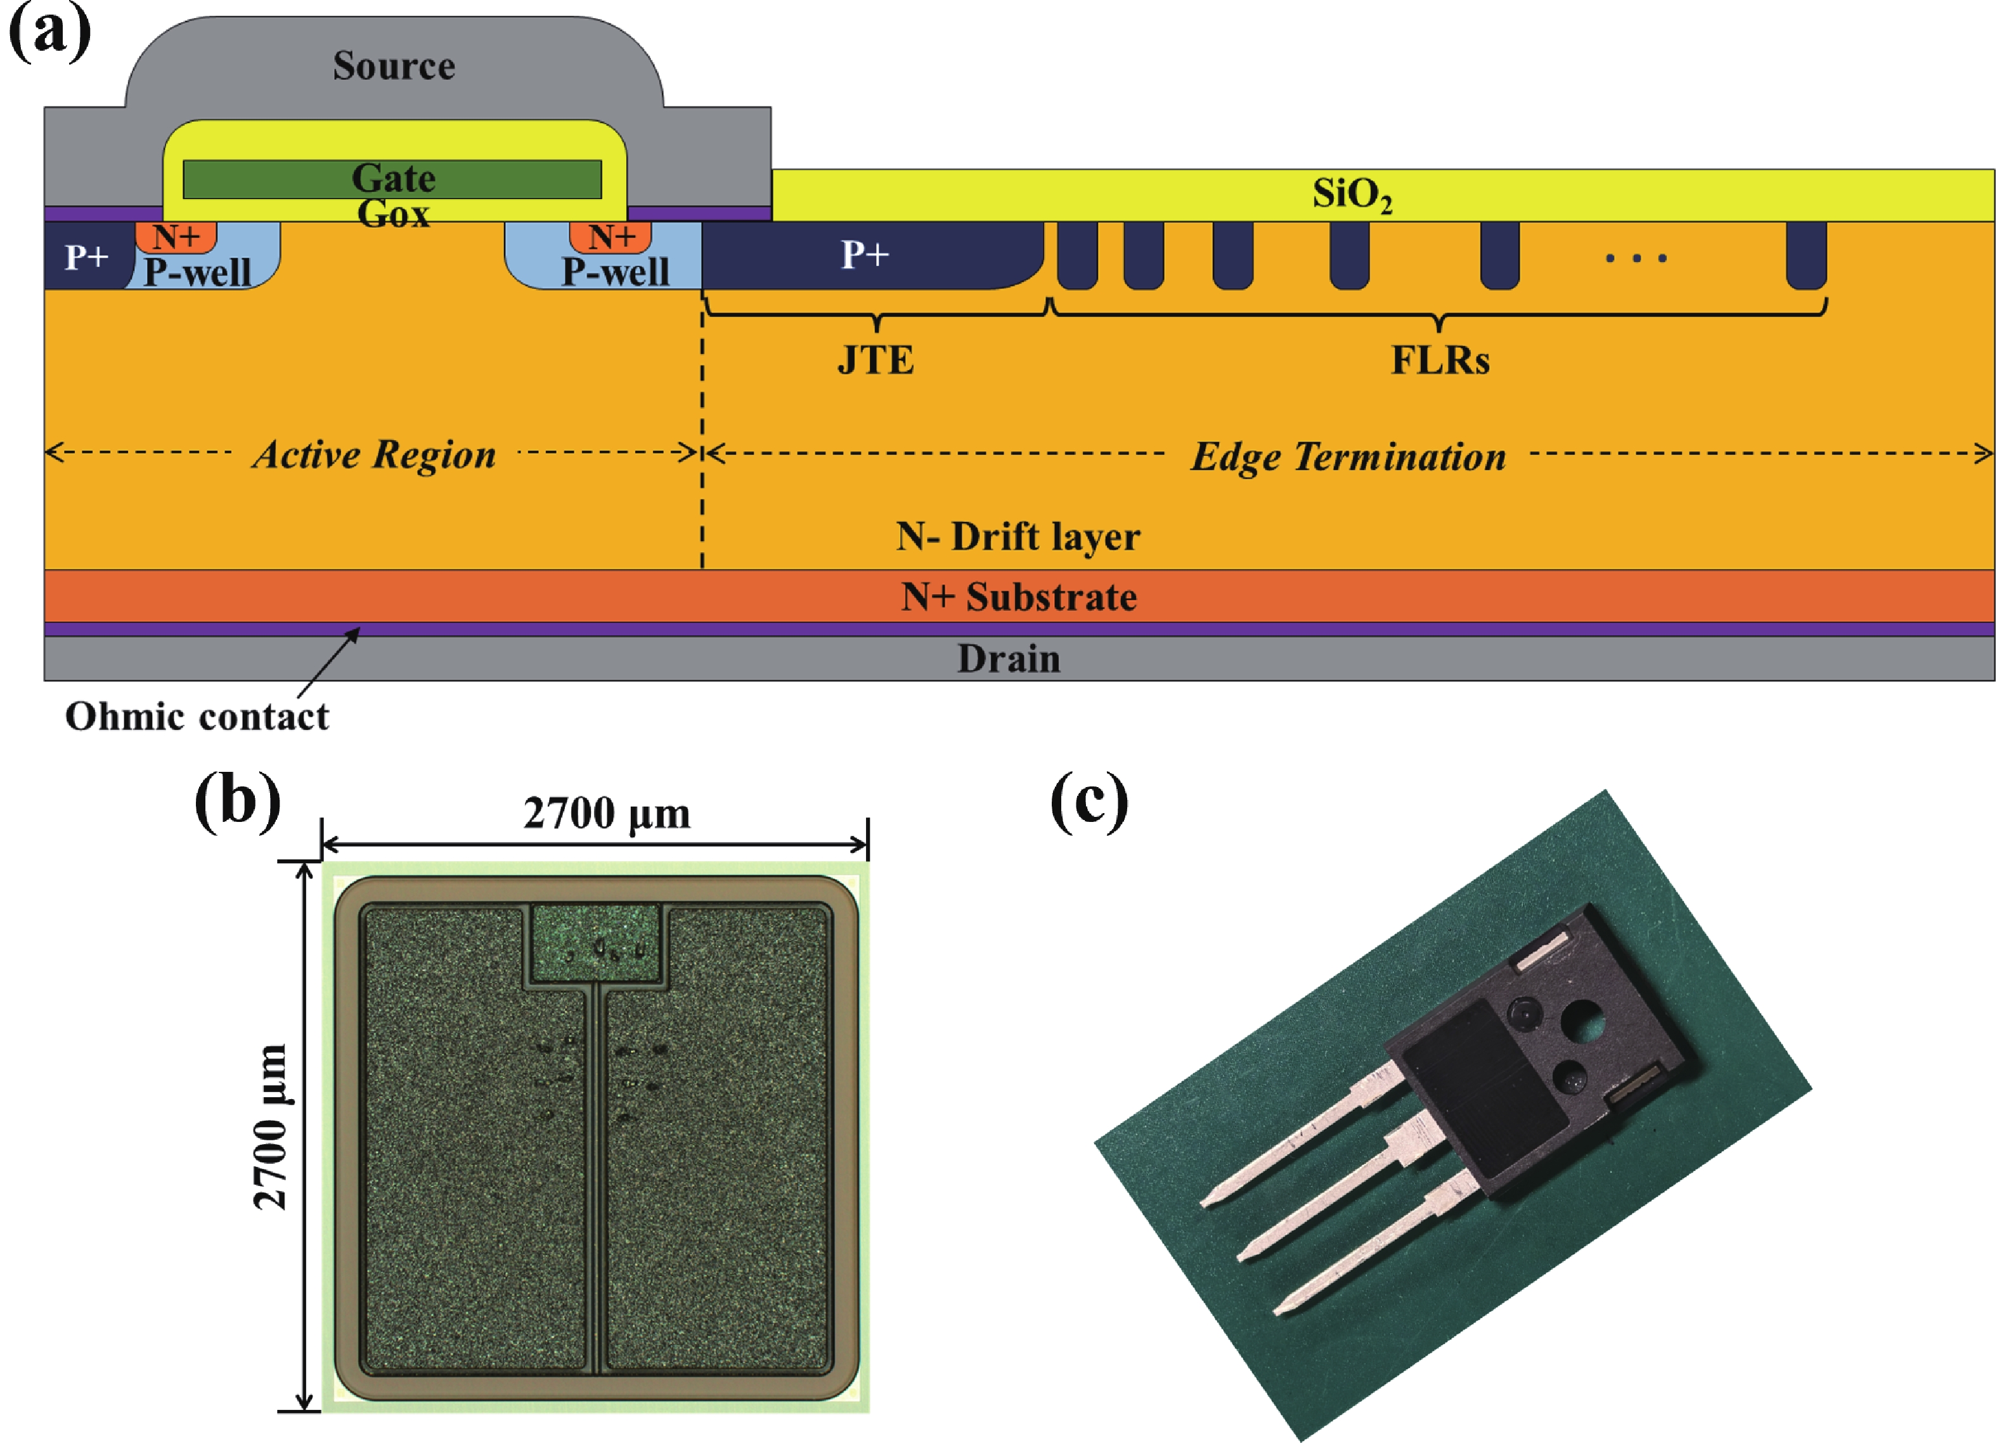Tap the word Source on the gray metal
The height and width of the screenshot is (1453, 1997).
[394, 66]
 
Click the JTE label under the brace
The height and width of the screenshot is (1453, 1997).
[876, 360]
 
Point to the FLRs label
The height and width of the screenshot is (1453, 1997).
[1440, 360]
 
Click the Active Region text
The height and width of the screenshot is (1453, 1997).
[374, 454]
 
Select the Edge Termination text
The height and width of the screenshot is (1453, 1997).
[1348, 456]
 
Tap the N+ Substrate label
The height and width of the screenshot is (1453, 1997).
[1019, 597]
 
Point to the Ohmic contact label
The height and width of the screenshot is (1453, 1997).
[197, 717]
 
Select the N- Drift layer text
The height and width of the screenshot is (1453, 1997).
[1018, 537]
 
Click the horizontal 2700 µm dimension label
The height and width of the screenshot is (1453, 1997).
[607, 813]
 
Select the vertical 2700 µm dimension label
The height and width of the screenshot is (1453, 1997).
[270, 1126]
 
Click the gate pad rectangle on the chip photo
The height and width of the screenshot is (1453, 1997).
[595, 943]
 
